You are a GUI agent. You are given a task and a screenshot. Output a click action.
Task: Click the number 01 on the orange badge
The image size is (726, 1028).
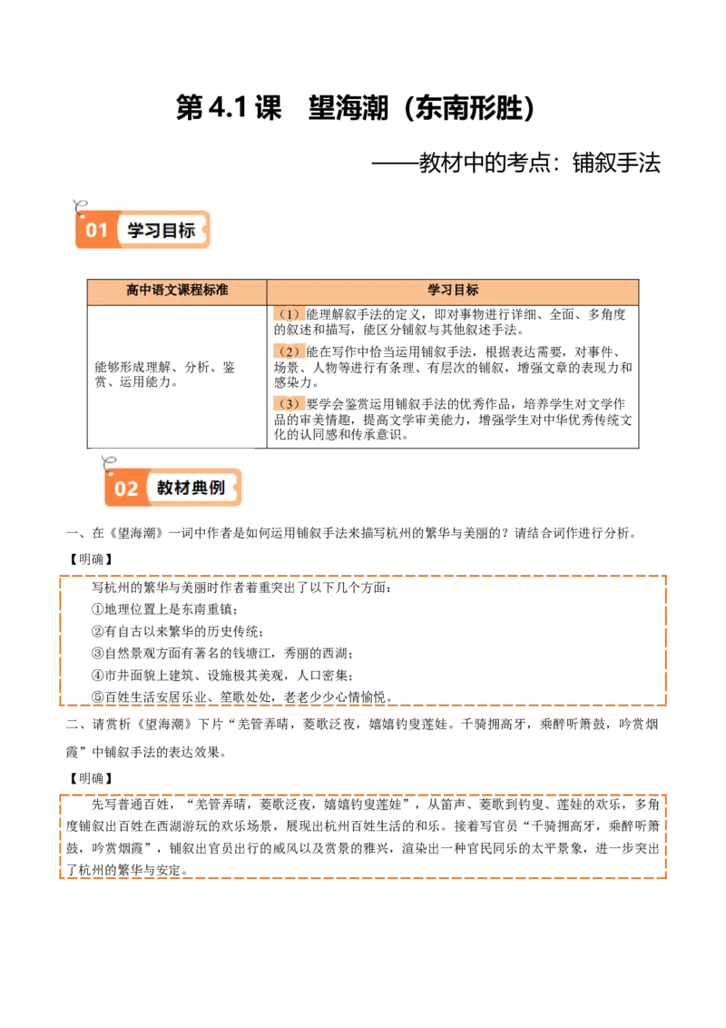(x=97, y=231)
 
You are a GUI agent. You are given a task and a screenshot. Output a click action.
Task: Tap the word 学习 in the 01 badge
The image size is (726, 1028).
(x=143, y=231)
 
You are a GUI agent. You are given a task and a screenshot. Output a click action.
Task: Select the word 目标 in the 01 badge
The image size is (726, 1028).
(x=179, y=231)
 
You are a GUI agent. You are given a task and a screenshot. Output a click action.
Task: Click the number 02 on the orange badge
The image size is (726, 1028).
(x=126, y=489)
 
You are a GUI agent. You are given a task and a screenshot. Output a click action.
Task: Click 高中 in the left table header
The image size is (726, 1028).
(x=139, y=291)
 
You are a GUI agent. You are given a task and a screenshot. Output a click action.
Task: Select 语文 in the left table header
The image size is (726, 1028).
(x=164, y=291)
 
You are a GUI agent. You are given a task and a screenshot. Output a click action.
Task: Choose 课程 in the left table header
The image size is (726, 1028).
(x=190, y=291)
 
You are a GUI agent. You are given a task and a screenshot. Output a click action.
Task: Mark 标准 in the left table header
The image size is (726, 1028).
(x=215, y=291)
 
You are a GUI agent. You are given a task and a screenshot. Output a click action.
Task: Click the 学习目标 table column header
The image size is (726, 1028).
(x=453, y=291)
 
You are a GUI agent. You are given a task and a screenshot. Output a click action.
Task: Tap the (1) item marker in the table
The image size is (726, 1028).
(x=289, y=315)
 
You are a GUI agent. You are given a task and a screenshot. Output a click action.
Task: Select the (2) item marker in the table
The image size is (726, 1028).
(x=289, y=352)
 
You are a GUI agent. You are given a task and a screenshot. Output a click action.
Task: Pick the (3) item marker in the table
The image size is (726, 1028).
(x=289, y=404)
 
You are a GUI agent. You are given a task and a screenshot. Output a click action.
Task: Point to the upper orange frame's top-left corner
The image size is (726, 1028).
(x=61, y=577)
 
